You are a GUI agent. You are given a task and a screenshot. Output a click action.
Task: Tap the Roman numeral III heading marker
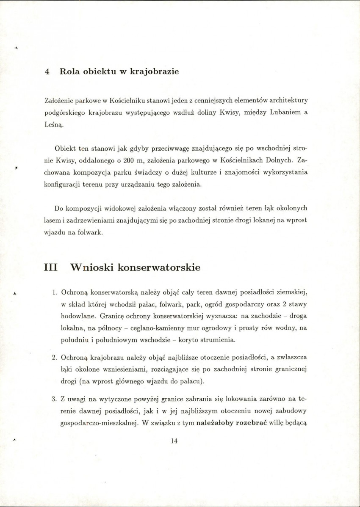point(51,268)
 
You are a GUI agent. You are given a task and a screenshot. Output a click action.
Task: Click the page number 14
point(174,441)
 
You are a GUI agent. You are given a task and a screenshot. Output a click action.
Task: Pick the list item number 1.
point(55,292)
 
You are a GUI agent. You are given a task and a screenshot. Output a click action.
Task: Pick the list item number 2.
point(55,357)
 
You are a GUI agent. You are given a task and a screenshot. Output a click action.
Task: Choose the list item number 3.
point(55,399)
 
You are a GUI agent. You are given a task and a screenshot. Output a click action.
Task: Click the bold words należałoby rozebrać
point(229,423)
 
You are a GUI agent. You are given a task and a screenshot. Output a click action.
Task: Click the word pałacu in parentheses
point(188,381)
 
